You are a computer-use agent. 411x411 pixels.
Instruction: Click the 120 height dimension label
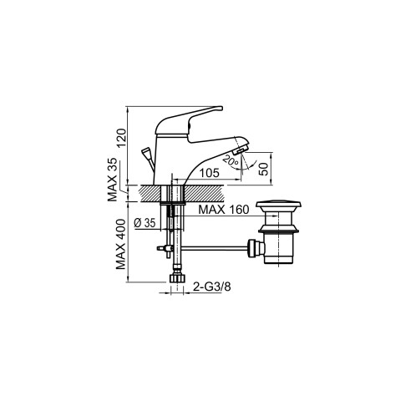(121, 138)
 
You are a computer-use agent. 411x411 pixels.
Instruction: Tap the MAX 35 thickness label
(113, 180)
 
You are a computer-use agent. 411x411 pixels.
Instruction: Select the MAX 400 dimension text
(121, 244)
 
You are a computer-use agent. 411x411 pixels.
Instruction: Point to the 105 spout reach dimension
(210, 173)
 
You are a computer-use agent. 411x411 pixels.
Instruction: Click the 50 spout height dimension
(263, 169)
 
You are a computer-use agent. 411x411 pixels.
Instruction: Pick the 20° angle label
(231, 161)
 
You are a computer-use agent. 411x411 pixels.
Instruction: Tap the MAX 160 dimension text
(224, 210)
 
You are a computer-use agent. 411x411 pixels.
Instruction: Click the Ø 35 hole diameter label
(145, 223)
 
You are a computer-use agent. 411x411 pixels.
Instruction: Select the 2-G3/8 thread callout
(212, 287)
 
